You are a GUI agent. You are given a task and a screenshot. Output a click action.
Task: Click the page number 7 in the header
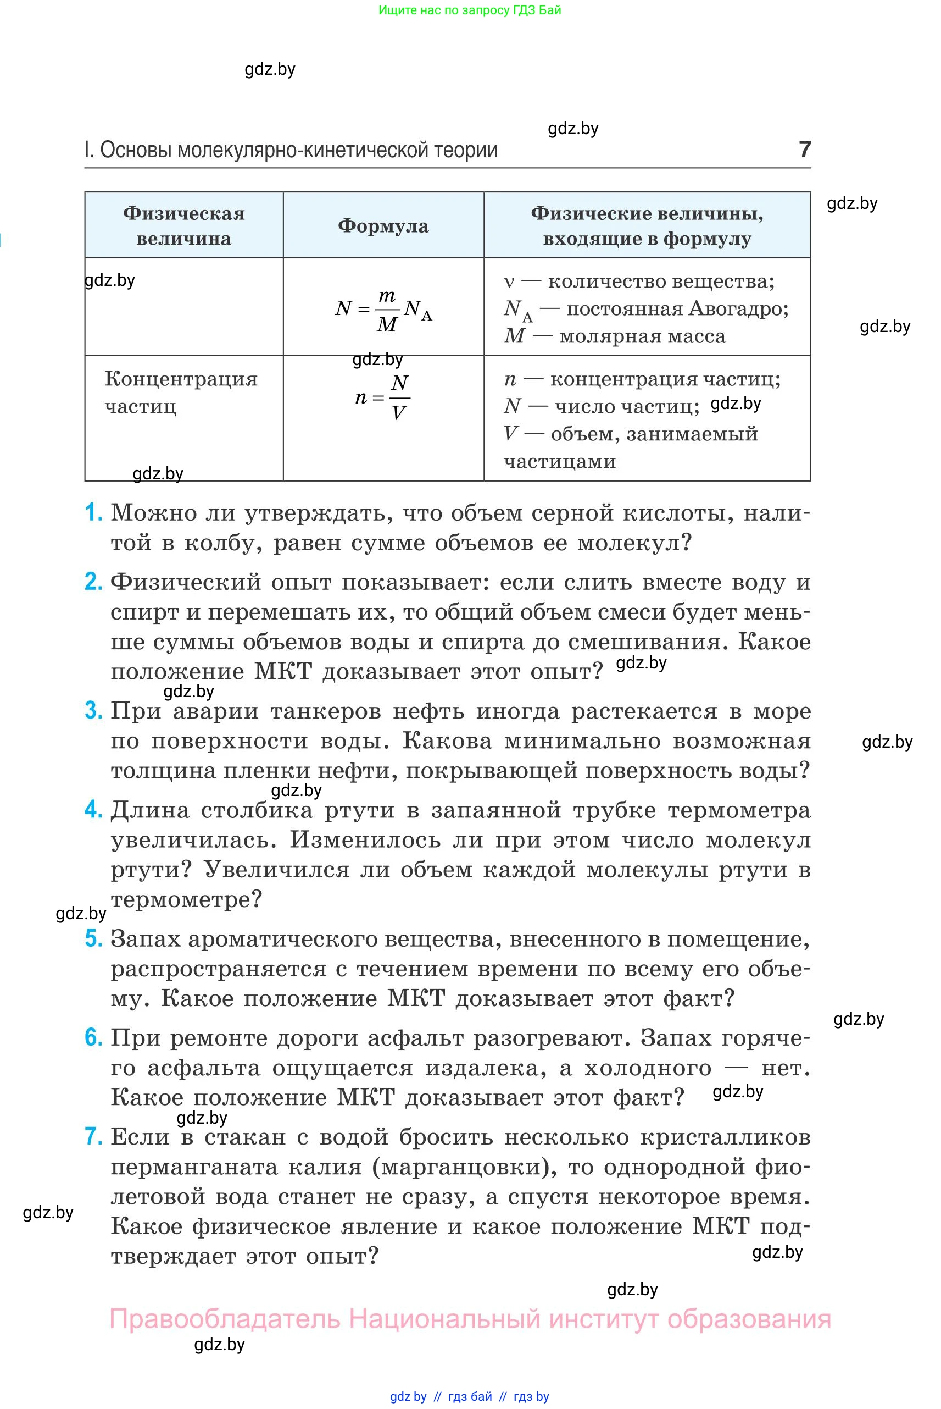[x=805, y=149]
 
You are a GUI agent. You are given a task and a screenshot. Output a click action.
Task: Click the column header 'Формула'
[x=383, y=226]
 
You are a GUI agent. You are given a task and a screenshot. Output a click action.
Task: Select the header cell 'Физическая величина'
[x=183, y=226]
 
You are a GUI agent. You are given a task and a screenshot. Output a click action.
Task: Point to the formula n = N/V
[x=383, y=397]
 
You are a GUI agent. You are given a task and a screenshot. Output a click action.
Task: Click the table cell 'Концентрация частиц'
[x=181, y=392]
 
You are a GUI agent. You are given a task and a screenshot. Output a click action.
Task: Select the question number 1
[x=93, y=513]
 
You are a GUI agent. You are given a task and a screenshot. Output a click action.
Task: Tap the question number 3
[x=93, y=710]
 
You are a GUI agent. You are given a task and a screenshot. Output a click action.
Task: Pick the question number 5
[x=93, y=939]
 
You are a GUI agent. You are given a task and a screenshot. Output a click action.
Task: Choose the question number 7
[x=93, y=1136]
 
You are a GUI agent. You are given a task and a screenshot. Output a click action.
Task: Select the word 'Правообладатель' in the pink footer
[x=225, y=1319]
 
